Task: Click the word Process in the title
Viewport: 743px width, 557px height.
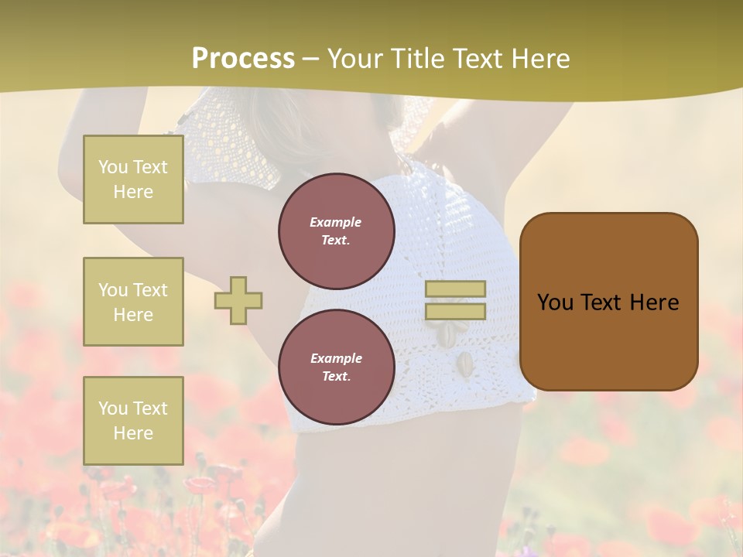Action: (243, 59)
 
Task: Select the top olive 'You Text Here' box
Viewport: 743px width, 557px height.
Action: (133, 179)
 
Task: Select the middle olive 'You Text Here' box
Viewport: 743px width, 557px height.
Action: (133, 302)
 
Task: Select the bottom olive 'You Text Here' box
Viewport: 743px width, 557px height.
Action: (133, 420)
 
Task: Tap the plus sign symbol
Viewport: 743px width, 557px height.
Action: (238, 300)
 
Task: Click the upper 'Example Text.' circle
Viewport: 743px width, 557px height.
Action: (336, 231)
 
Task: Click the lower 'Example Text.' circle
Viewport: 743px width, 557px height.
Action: (336, 367)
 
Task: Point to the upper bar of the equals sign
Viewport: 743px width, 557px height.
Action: (455, 289)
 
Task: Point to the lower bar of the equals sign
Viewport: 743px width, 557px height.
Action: (455, 311)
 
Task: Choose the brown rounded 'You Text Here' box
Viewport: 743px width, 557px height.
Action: (608, 301)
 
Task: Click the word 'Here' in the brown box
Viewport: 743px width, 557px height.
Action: (654, 302)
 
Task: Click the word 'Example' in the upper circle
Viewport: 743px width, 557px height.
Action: (336, 222)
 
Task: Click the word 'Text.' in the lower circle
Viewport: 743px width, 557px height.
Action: (336, 376)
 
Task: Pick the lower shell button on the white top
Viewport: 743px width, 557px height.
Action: (464, 361)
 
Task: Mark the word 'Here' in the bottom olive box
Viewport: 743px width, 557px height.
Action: (133, 433)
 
